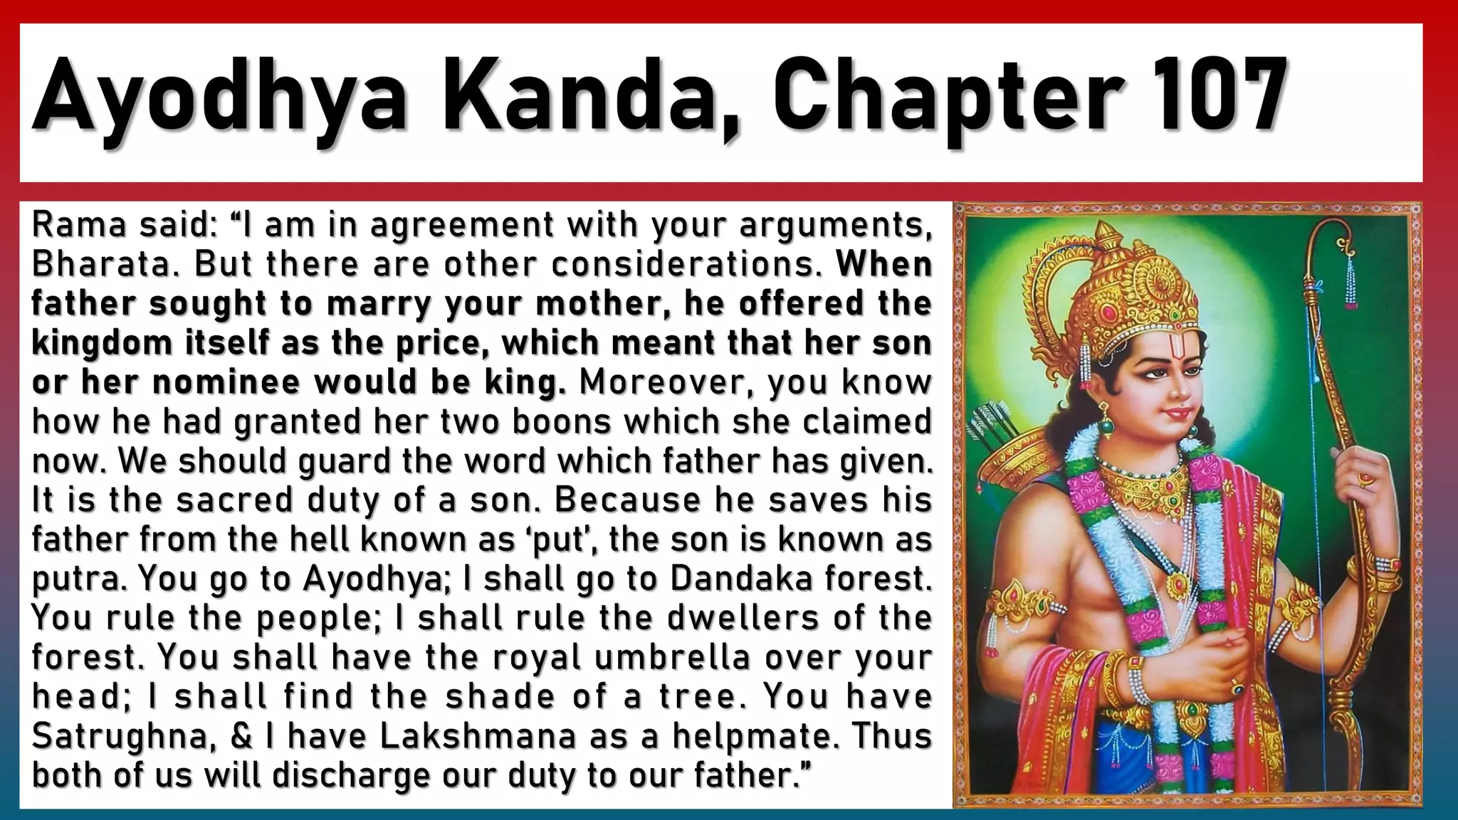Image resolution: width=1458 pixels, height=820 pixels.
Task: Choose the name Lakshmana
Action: pos(477,735)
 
